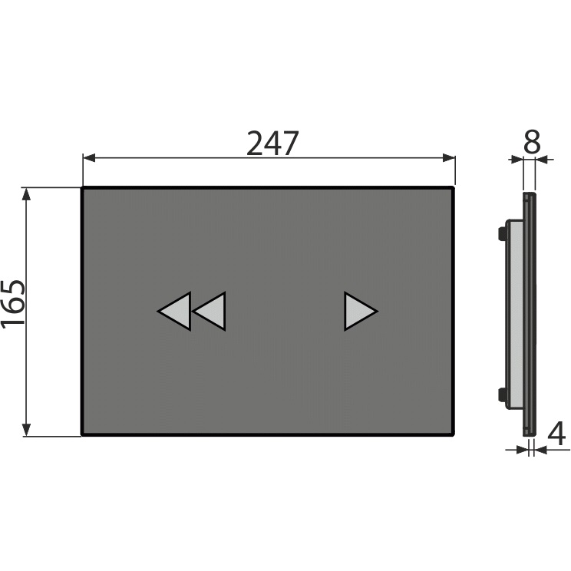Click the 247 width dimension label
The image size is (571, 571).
click(x=272, y=143)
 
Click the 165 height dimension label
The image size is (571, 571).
click(x=13, y=305)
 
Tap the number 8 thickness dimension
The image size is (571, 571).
click(x=532, y=141)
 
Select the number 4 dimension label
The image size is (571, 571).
click(x=556, y=434)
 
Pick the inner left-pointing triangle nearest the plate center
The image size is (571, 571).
click(x=211, y=312)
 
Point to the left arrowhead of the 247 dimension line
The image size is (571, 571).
click(x=89, y=158)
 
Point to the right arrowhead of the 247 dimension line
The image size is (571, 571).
click(x=449, y=158)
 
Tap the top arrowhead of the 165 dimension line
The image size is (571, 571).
click(x=26, y=194)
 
